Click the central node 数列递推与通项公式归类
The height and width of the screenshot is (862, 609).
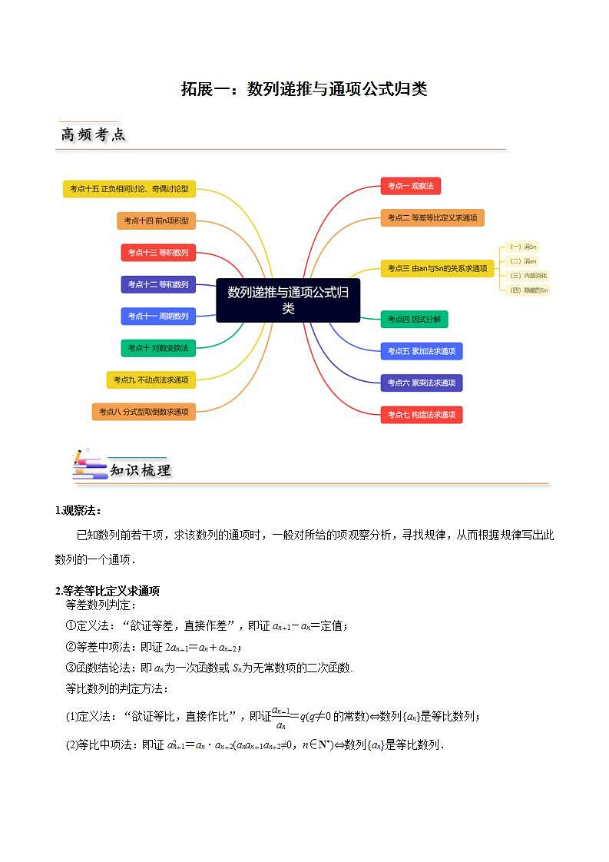pyautogui.click(x=288, y=300)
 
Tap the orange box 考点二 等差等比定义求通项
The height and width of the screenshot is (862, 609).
pyautogui.click(x=432, y=218)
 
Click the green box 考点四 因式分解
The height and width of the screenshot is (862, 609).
pyautogui.click(x=414, y=320)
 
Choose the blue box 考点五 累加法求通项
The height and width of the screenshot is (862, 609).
pyautogui.click(x=421, y=351)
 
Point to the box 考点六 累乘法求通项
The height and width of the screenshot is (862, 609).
pyautogui.click(x=421, y=383)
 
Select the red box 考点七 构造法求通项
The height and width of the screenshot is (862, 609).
pyautogui.click(x=421, y=415)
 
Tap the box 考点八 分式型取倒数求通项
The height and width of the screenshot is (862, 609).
pyautogui.click(x=144, y=412)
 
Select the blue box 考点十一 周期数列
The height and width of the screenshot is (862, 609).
pyautogui.click(x=158, y=316)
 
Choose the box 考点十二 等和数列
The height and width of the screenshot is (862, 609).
pyautogui.click(x=158, y=284)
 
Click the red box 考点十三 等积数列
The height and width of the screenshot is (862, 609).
pyautogui.click(x=158, y=252)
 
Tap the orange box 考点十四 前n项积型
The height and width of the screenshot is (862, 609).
pyautogui.click(x=156, y=221)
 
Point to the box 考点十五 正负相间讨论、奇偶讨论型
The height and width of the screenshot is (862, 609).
pyautogui.click(x=129, y=188)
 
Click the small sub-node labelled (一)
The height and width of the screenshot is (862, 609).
pyautogui.click(x=523, y=247)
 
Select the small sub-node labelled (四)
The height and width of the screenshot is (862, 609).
pyautogui.click(x=529, y=290)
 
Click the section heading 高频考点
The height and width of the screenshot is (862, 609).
pyautogui.click(x=93, y=135)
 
